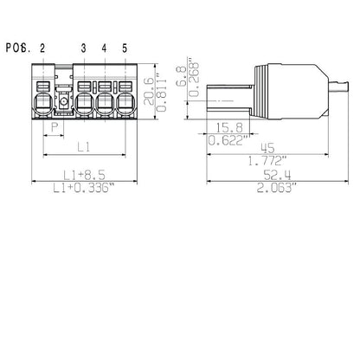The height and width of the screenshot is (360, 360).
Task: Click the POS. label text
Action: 17,48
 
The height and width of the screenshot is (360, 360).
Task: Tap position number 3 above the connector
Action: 84,48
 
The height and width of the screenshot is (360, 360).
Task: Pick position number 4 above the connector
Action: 105,48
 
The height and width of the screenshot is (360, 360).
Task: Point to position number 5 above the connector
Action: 125,48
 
